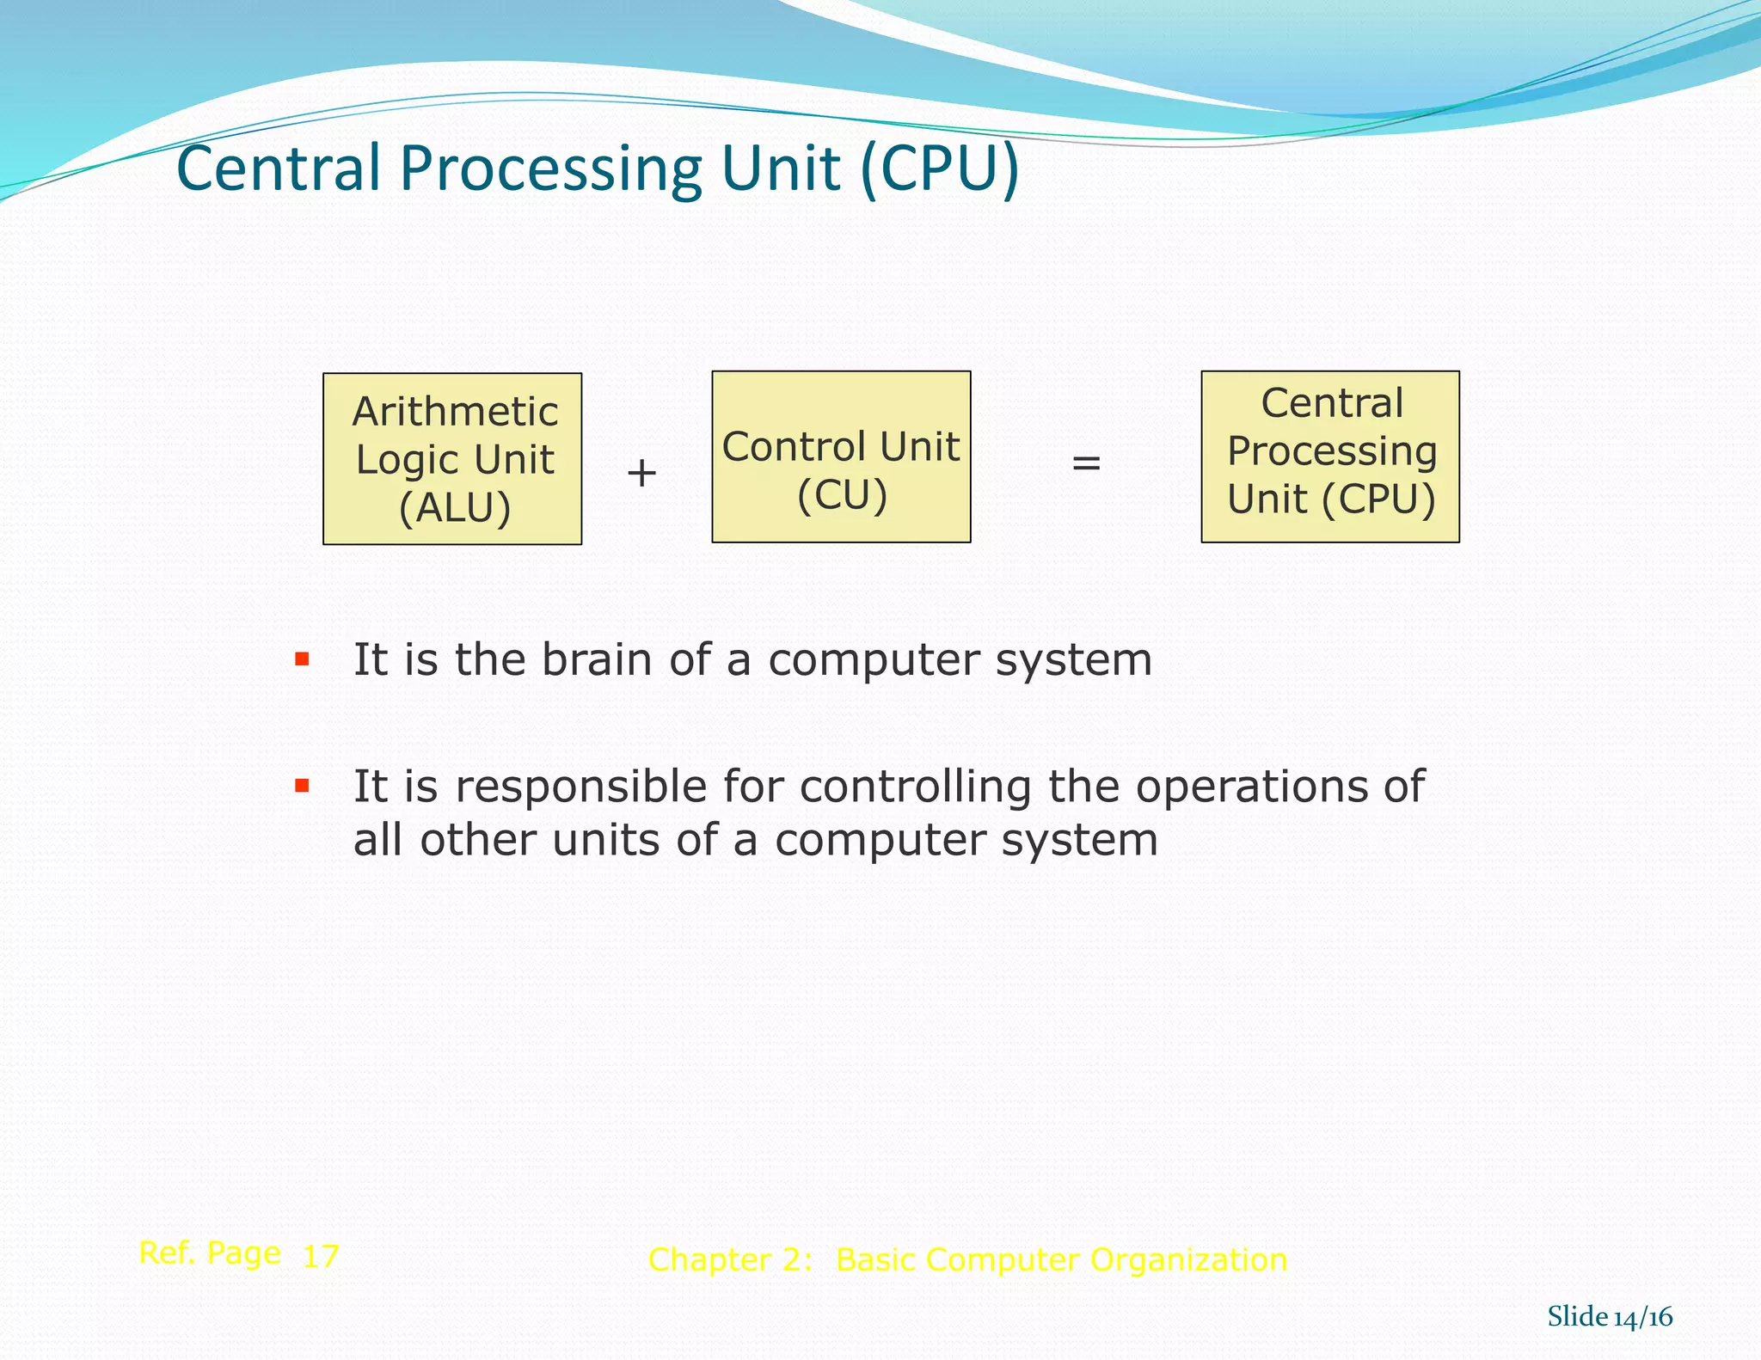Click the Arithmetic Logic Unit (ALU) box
[x=452, y=458]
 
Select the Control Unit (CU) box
[x=841, y=456]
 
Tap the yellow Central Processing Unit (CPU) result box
[x=1330, y=456]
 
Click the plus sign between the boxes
[x=641, y=473]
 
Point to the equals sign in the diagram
[x=1086, y=463]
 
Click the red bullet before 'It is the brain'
[x=302, y=659]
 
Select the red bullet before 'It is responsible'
[x=302, y=785]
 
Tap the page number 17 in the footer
[x=321, y=1257]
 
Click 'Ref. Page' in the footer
[x=209, y=1253]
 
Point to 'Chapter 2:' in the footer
[x=730, y=1260]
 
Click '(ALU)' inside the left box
[x=455, y=508]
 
